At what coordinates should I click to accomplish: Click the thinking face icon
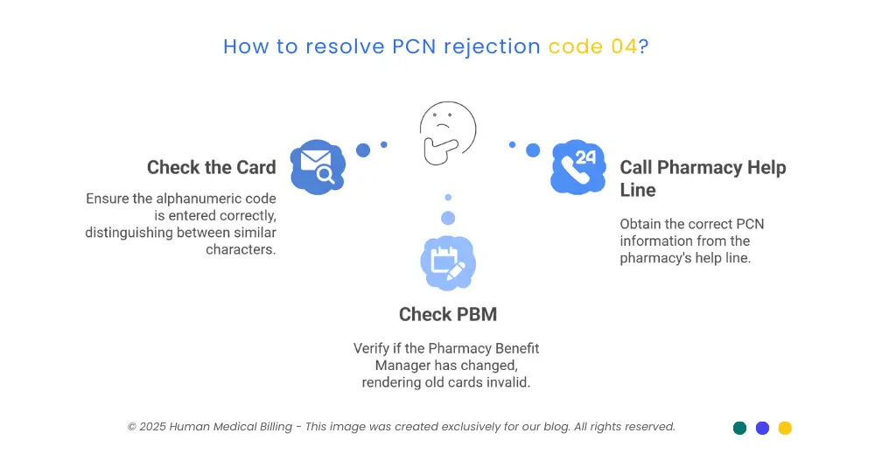click(x=447, y=132)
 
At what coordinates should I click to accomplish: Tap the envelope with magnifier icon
click(x=318, y=166)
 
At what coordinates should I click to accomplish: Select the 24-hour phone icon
click(x=577, y=166)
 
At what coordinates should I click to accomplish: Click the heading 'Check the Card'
click(x=211, y=167)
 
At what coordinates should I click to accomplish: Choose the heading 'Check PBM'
click(x=447, y=314)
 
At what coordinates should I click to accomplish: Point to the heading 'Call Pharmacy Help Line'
click(x=703, y=178)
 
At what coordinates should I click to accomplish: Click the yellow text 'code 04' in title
click(x=592, y=46)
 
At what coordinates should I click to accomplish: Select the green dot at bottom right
click(x=739, y=428)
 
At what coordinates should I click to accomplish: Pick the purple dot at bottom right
click(x=762, y=428)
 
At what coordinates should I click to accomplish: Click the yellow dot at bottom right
click(x=785, y=428)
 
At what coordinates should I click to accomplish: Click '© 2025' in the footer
click(x=146, y=427)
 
